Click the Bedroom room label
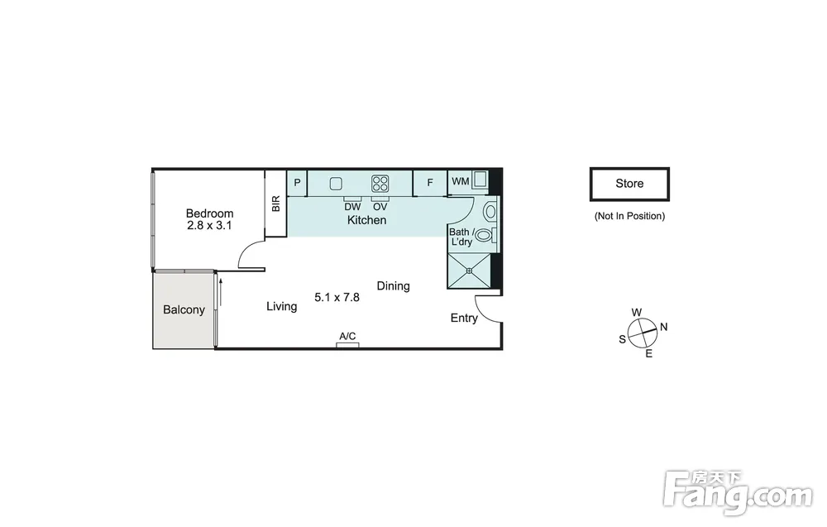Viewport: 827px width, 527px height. pos(209,213)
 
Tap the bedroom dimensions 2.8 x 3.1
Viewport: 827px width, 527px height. pos(209,226)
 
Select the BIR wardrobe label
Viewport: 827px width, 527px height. pos(276,204)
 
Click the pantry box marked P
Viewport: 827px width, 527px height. pos(297,183)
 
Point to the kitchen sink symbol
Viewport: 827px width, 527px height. pos(336,184)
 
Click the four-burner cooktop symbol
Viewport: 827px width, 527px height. pos(380,184)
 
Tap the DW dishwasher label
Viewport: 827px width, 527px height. pos(352,208)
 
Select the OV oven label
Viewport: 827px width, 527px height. pos(380,208)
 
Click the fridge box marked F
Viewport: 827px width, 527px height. pos(430,183)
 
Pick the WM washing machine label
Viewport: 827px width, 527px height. pos(461,181)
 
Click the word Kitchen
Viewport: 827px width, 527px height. pos(366,220)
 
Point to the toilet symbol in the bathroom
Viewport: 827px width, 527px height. pos(485,235)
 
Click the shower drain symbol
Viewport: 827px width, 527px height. pos(469,271)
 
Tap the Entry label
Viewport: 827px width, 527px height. pos(464,318)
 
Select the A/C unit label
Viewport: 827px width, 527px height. pos(347,336)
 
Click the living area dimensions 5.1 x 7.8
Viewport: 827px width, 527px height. pos(337,298)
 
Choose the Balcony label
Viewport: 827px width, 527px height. pos(184,309)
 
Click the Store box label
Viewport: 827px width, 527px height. pos(629,184)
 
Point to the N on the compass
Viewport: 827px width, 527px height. pos(663,327)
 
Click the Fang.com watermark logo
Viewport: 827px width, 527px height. pos(738,492)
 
